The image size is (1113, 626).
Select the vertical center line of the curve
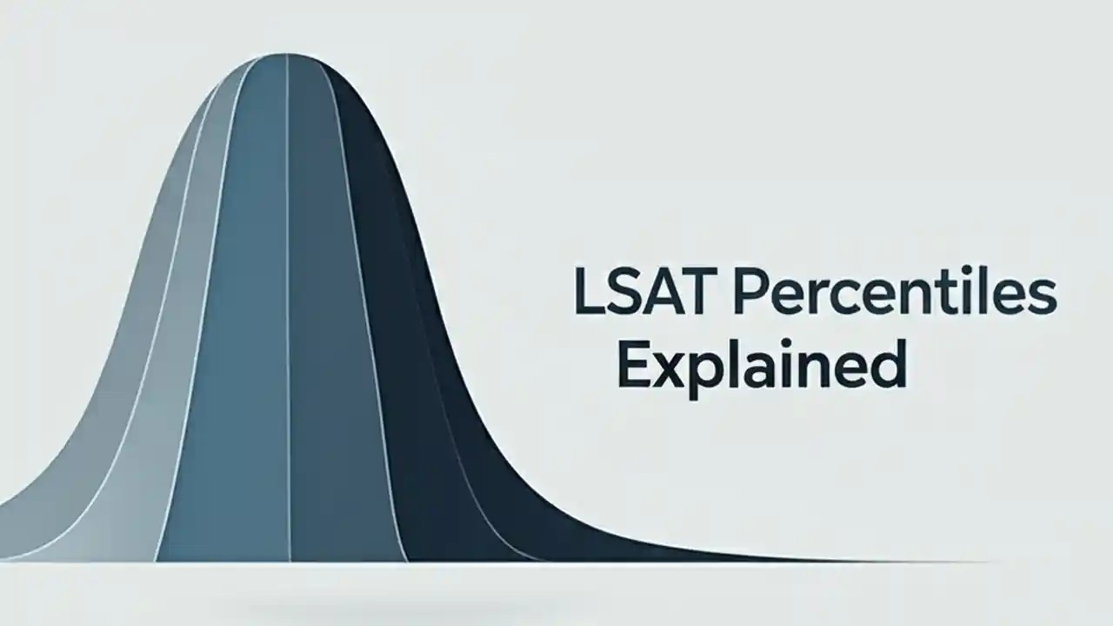point(289,304)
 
